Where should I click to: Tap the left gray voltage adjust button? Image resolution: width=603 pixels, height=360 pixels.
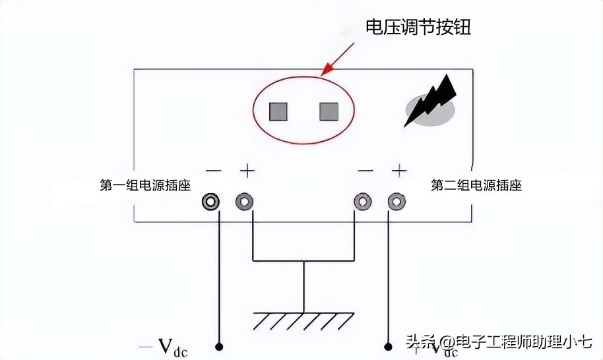point(278,111)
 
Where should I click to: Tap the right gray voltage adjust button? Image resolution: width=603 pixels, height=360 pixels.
point(329,111)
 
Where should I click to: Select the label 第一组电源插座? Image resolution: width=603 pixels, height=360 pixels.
point(145,185)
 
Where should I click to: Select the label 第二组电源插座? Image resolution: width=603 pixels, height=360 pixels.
point(476,185)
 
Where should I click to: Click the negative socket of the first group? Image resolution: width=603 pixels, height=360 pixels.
point(211,201)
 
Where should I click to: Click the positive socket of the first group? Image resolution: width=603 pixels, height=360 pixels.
point(245,201)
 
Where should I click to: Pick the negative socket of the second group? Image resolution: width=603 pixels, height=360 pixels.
point(362,201)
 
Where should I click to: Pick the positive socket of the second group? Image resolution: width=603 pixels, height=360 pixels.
point(397,201)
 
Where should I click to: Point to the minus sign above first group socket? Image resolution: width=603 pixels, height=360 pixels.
point(213,171)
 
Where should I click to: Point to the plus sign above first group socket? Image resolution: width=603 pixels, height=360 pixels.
point(247,171)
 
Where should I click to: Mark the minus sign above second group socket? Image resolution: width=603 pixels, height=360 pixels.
point(365,171)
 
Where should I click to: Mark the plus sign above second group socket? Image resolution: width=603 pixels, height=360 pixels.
point(398,171)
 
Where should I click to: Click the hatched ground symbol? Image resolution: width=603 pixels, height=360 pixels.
point(303,321)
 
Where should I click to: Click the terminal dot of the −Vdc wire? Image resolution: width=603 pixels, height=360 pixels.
point(219,345)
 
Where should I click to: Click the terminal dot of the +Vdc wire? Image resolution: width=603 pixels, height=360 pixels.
point(388,345)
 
